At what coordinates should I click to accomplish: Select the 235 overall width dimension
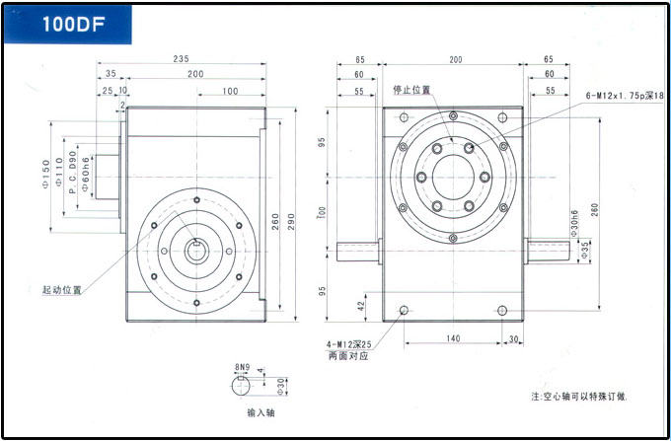181,59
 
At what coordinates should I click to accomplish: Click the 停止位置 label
411,90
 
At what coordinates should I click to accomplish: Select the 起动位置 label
61,290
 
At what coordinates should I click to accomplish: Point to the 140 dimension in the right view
454,338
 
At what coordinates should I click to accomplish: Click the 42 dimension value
363,307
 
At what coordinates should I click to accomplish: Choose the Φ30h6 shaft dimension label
573,225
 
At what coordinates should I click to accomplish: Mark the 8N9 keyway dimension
241,366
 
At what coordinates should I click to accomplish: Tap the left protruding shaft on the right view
356,252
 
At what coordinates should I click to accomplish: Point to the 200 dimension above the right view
455,60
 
